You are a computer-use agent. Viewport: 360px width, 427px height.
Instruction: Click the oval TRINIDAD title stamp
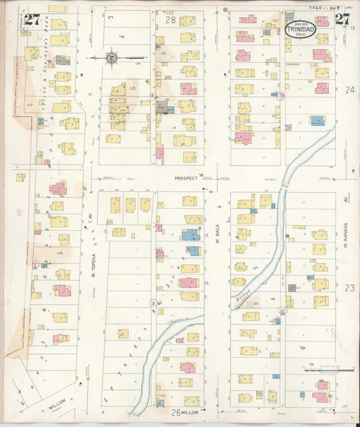[x=300, y=30]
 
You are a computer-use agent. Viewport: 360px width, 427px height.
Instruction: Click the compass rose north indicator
[x=111, y=57]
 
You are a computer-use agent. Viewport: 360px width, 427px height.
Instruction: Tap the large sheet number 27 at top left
[x=32, y=19]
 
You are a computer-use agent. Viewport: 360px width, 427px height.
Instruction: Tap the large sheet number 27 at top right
[x=342, y=19]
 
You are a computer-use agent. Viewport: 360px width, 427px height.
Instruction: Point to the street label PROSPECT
[x=186, y=178]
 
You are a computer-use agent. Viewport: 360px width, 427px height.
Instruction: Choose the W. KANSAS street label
[x=344, y=236]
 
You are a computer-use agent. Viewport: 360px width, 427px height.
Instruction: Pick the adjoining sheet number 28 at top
[x=170, y=21]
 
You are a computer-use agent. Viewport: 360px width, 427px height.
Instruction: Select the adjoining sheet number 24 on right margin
[x=349, y=89]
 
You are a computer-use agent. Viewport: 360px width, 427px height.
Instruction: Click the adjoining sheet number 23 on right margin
[x=349, y=287]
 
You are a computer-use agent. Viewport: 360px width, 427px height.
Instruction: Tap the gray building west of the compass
[x=62, y=60]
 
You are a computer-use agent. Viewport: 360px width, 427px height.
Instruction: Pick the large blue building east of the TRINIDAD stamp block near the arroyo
[x=317, y=120]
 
